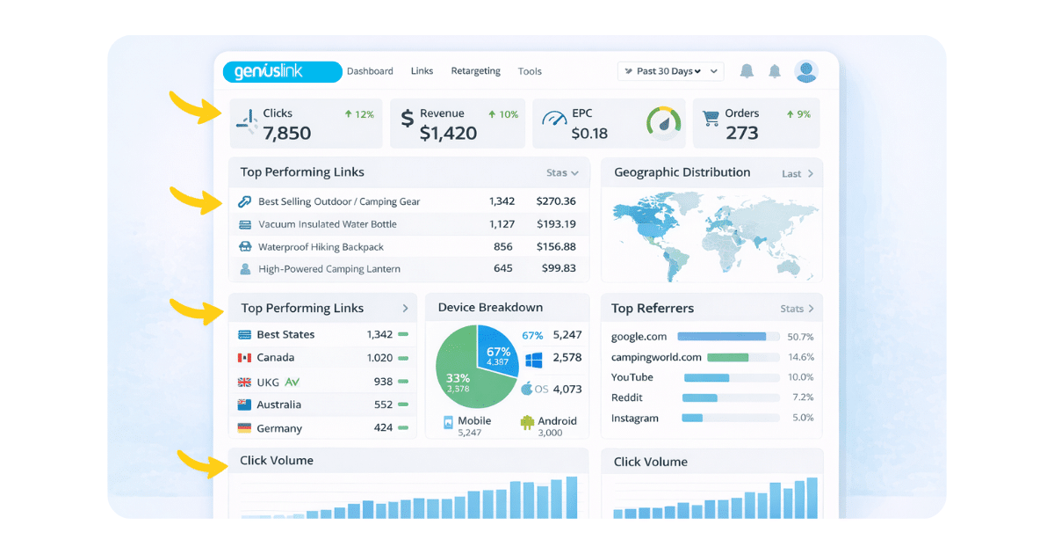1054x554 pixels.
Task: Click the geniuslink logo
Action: pos(282,71)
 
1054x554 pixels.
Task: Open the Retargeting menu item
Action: pos(475,71)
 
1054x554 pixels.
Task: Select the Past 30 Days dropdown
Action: pos(670,71)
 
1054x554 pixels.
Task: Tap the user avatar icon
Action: pos(806,71)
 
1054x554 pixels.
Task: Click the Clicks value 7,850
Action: pos(286,134)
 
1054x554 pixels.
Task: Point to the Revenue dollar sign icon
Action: pos(407,118)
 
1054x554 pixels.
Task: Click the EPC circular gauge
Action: pos(663,122)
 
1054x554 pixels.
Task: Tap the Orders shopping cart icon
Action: pos(711,118)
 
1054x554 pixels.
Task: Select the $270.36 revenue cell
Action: pos(556,201)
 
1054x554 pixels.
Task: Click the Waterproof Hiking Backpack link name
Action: pos(321,247)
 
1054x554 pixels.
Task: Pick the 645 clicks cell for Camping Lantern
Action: pos(502,268)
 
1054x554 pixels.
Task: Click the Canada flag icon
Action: pos(244,358)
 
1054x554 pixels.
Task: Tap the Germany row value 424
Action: pos(383,427)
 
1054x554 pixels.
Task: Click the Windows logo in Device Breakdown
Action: pos(534,360)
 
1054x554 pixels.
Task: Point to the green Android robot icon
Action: pos(527,422)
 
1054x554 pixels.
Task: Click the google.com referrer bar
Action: pos(721,336)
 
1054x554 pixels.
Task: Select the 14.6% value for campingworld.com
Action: pos(800,357)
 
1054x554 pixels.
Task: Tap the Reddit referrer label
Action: pos(626,397)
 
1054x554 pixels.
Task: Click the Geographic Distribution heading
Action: pos(682,172)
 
